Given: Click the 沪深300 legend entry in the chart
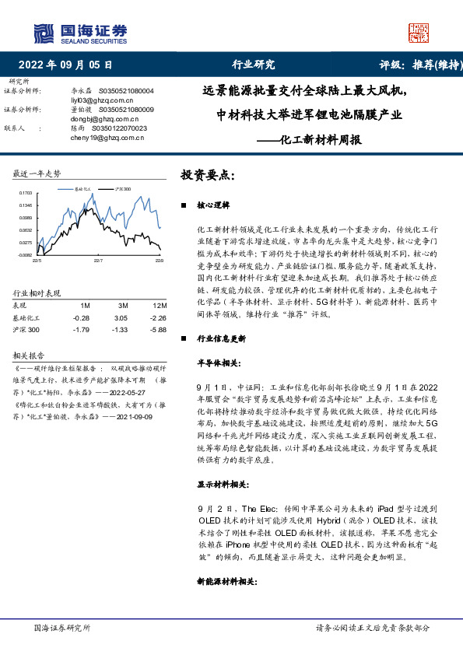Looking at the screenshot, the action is click(x=122, y=189).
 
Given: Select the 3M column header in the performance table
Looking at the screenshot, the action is click(x=120, y=306).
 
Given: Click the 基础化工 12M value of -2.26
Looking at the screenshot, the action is click(x=159, y=318).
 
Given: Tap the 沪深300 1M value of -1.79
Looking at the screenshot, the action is click(x=82, y=330).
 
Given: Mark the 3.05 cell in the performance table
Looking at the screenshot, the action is click(x=120, y=318).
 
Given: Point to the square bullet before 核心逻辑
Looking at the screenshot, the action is click(x=183, y=206).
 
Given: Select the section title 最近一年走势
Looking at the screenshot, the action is click(x=37, y=173).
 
